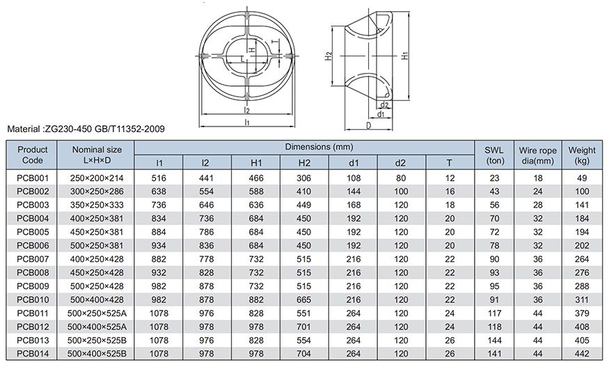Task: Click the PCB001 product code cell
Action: [33, 178]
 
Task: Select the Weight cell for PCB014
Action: [582, 354]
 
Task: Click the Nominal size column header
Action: [97, 154]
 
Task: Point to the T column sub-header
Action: [449, 163]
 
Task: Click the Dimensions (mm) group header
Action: [304, 147]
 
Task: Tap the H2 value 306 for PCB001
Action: [304, 178]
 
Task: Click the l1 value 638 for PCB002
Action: [159, 190]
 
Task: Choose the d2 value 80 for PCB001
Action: [400, 178]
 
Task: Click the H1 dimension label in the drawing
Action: [405, 58]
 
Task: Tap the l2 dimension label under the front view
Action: [247, 110]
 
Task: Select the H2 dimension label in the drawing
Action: [327, 57]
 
